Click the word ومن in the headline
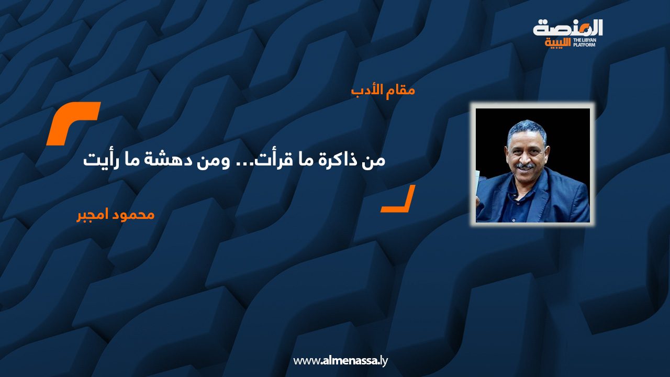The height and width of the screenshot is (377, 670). click(223, 160)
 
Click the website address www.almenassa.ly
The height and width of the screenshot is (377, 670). click(340, 361)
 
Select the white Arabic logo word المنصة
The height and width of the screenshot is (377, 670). click(568, 27)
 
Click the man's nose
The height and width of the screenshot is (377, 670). click(524, 156)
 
